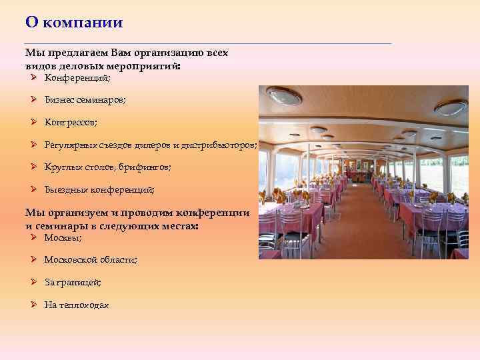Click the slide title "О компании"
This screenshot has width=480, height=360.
point(74,23)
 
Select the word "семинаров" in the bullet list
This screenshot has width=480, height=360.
point(103,100)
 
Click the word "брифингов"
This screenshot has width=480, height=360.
point(145,168)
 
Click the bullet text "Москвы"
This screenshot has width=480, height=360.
point(63,237)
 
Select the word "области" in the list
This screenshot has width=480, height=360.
point(119,259)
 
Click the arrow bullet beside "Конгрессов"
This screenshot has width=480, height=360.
point(33,122)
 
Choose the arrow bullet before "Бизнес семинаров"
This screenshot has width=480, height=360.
point(33,99)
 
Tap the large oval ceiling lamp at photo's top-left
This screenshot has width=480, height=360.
point(284,97)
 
